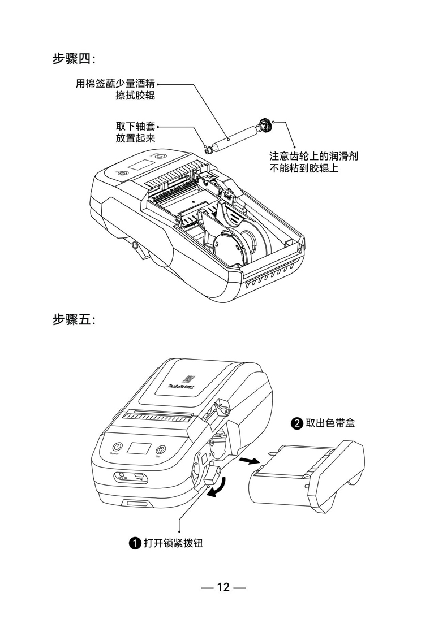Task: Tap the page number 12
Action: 223,587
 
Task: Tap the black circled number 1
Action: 135,544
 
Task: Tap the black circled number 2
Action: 297,423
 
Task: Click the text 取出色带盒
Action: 330,423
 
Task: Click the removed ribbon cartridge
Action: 308,478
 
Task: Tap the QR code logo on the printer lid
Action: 188,379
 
